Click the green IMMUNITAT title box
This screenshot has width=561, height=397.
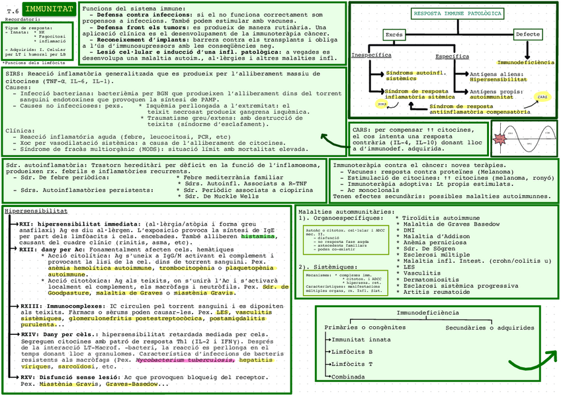click(x=48, y=9)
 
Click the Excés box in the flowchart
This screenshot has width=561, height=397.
click(x=394, y=34)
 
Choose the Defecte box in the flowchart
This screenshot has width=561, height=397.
click(x=527, y=34)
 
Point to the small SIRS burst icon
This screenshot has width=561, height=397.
click(x=381, y=105)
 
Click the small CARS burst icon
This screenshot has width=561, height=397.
click(x=542, y=97)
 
